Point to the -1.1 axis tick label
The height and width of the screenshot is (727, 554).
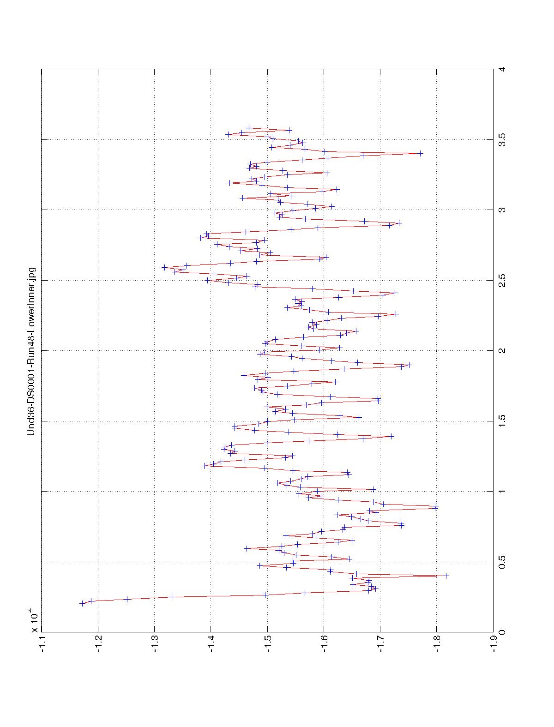pyautogui.click(x=42, y=644)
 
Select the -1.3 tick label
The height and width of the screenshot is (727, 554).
pyautogui.click(x=155, y=644)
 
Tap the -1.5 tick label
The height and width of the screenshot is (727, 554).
pyautogui.click(x=268, y=644)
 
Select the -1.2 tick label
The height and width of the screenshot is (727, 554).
pyautogui.click(x=98, y=644)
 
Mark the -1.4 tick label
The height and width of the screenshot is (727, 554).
pyautogui.click(x=211, y=644)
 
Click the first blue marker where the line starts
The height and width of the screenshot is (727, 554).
pyautogui.click(x=82, y=603)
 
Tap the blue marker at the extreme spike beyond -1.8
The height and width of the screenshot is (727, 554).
pyautogui.click(x=446, y=576)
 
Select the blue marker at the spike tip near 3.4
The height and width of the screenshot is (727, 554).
pyautogui.click(x=421, y=153)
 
